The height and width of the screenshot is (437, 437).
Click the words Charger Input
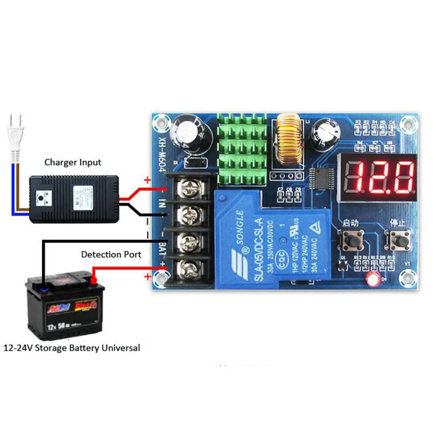pyautogui.click(x=73, y=163)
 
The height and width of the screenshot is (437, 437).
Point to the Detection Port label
pyautogui.click(x=111, y=254)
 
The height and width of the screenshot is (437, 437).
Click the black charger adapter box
pyautogui.click(x=73, y=199)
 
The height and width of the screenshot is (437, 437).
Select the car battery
pyautogui.click(x=65, y=308)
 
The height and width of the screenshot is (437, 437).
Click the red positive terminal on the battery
pyautogui.click(x=94, y=281)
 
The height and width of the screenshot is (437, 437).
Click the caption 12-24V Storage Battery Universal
pyautogui.click(x=72, y=348)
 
